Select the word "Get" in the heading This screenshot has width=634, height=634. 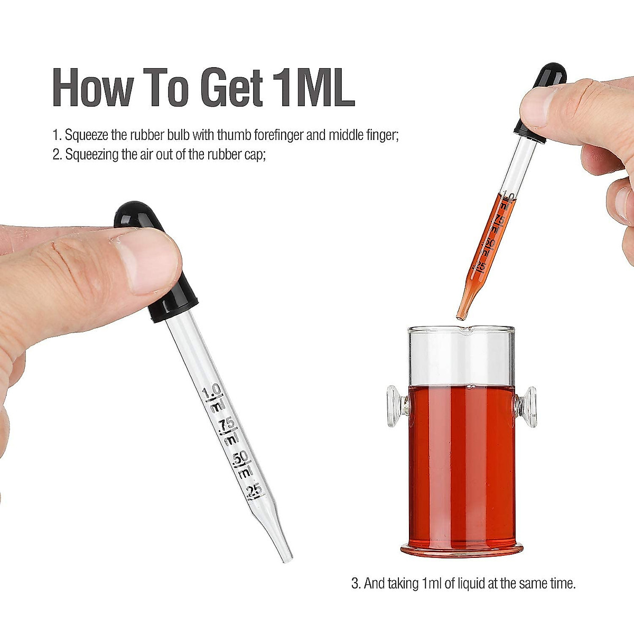tap(231, 87)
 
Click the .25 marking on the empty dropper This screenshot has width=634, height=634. tap(254, 490)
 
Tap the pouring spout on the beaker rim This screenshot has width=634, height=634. tap(465, 331)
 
